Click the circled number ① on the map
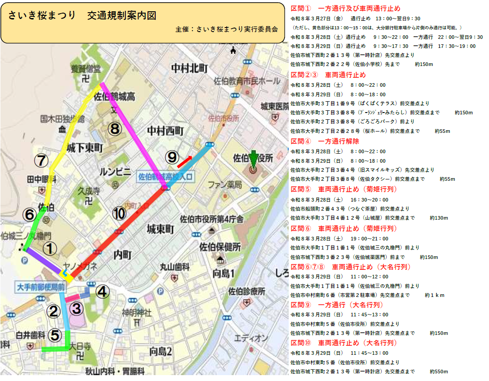(x=51, y=248)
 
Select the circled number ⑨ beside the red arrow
(x=172, y=157)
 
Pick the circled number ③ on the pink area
(x=77, y=308)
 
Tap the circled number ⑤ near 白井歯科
(x=55, y=335)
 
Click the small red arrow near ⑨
(x=184, y=159)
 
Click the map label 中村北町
(x=189, y=68)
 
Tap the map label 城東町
(x=161, y=229)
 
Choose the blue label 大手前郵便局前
(x=40, y=287)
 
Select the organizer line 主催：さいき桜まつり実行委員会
(x=227, y=29)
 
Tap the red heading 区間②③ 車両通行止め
(x=328, y=75)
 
